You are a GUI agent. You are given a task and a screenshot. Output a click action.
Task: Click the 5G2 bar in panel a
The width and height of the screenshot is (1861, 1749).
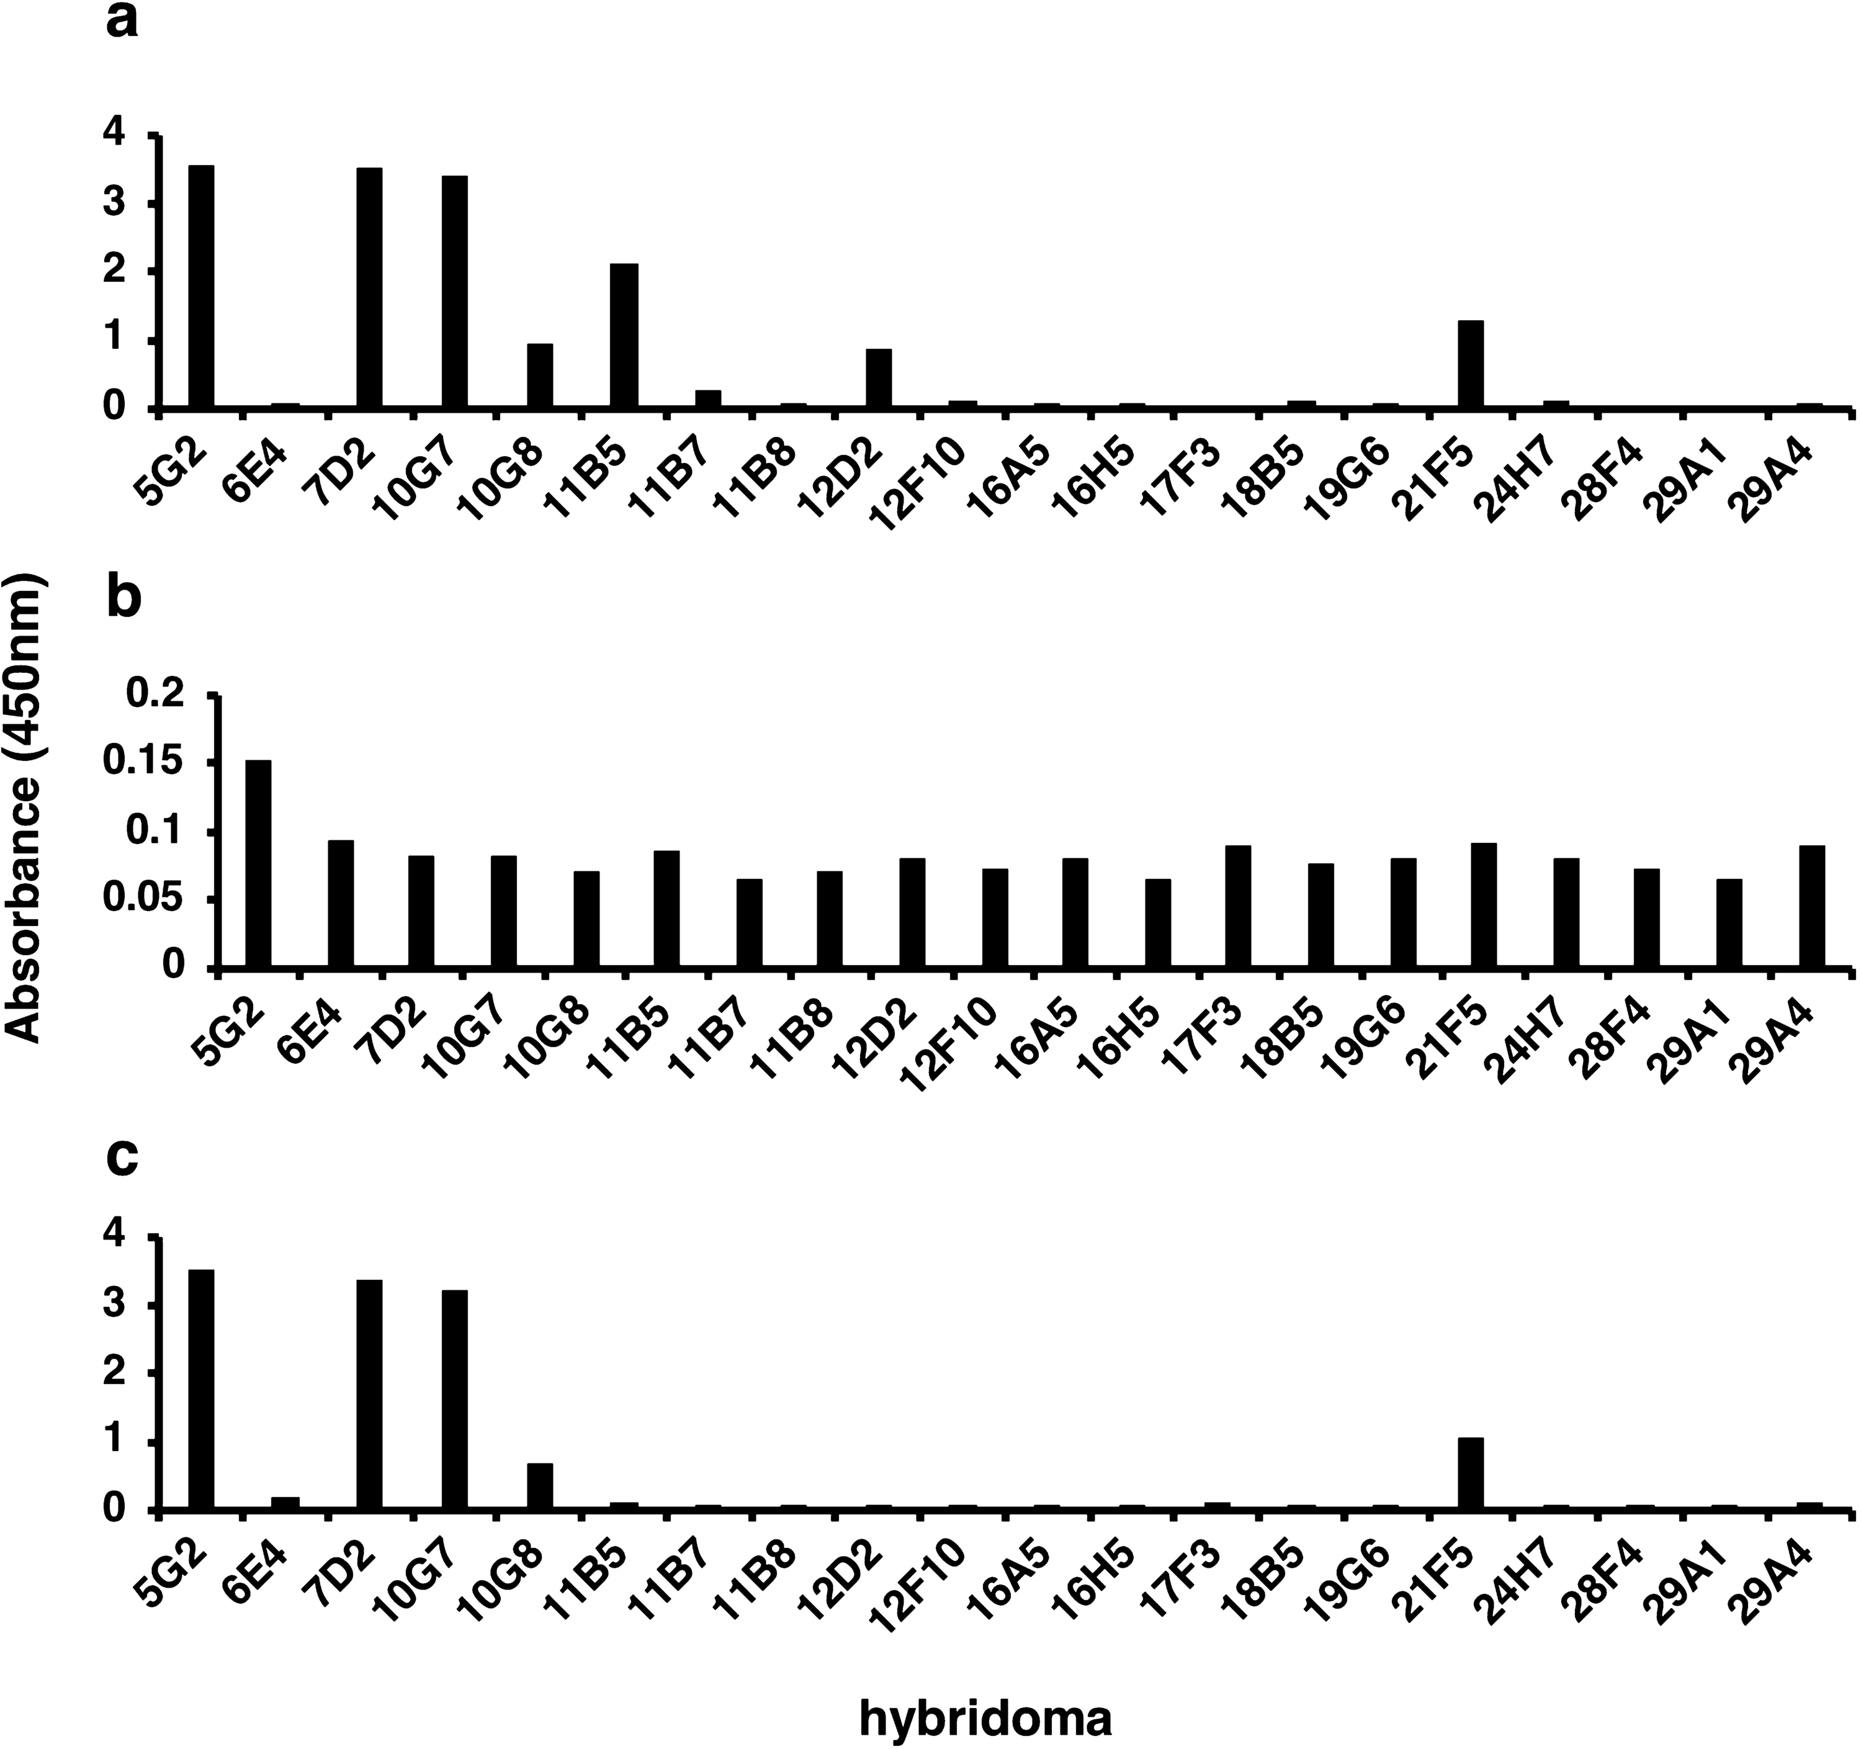201,287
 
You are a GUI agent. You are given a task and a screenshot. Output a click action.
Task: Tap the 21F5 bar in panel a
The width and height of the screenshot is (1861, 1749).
1471,364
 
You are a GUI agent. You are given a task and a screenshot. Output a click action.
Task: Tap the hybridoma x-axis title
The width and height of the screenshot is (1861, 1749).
986,1718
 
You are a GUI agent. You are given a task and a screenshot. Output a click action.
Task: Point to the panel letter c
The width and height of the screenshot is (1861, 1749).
123,1158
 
